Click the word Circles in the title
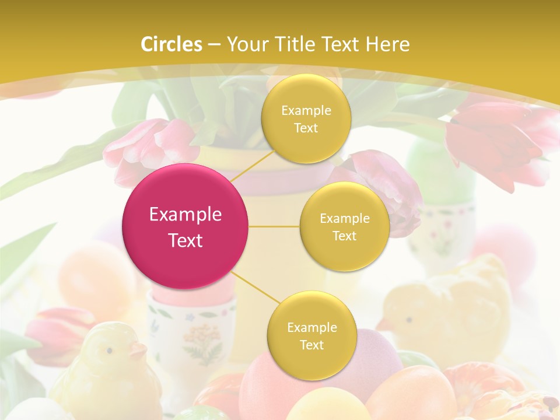(171, 44)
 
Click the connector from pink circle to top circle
(252, 166)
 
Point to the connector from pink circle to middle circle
(274, 226)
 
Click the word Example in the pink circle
(185, 215)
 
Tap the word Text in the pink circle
(185, 240)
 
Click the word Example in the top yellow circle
(306, 111)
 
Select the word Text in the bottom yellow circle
(311, 345)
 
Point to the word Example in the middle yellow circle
(344, 219)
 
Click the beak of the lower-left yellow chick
(138, 351)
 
